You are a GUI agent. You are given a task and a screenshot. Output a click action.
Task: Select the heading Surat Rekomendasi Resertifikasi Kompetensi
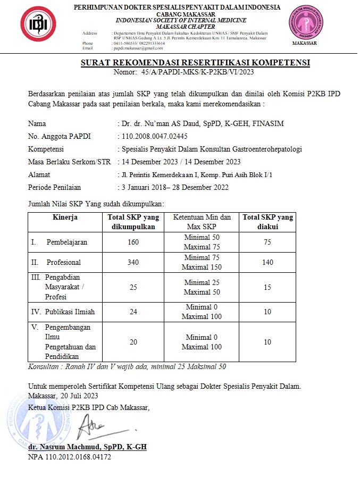(195, 63)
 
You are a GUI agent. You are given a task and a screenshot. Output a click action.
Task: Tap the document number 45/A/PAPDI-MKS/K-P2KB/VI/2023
(199, 72)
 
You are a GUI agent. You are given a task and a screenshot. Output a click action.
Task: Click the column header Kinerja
(65, 217)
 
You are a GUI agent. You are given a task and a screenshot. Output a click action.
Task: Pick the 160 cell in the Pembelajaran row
(133, 242)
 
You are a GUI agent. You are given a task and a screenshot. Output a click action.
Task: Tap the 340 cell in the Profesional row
(133, 263)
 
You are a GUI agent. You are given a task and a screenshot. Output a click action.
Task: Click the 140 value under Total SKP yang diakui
(267, 263)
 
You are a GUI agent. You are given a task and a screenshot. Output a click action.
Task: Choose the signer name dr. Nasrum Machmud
(87, 447)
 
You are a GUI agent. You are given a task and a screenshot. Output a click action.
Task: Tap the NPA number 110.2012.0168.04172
(70, 456)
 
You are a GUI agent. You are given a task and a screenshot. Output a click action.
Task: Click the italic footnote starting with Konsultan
(127, 366)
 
